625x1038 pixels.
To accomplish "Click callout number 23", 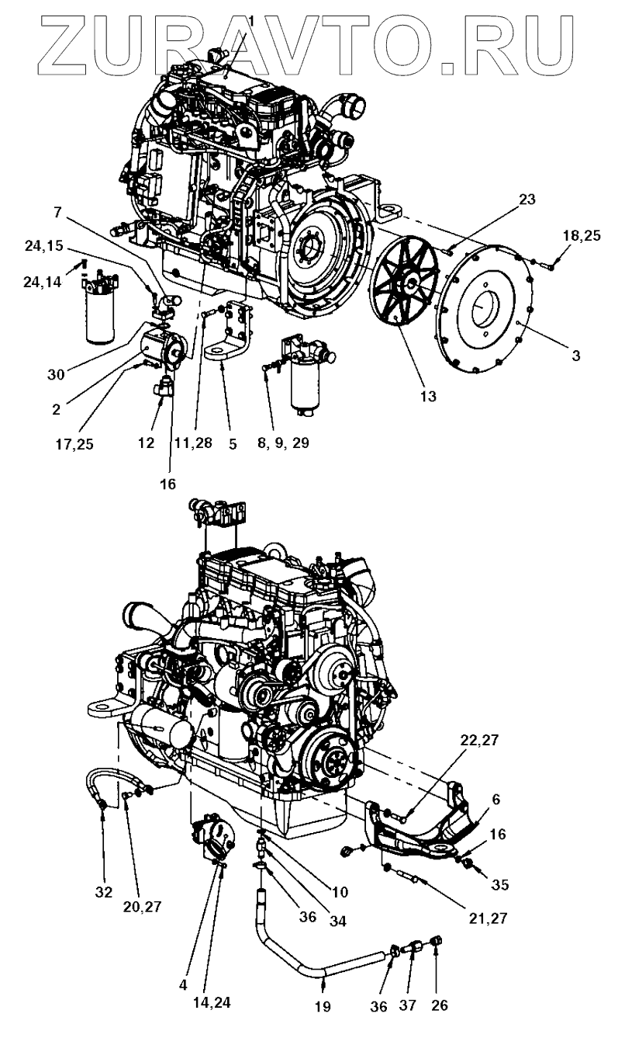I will (527, 200).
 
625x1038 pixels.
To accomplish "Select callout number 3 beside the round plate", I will (575, 356).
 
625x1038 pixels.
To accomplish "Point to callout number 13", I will (427, 396).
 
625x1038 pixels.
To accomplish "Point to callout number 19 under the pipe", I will (323, 1006).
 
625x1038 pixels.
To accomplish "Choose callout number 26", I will (439, 1006).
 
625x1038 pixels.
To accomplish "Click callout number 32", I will (103, 892).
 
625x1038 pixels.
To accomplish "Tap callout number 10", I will (339, 891).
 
